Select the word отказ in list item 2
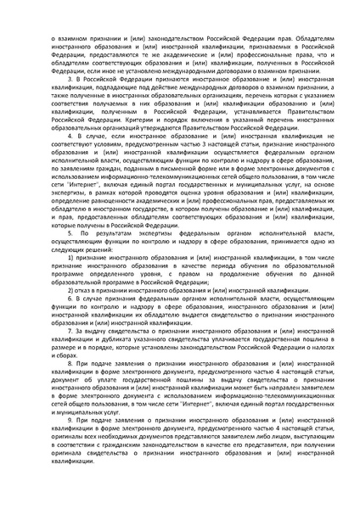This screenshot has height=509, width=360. coord(83,290)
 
